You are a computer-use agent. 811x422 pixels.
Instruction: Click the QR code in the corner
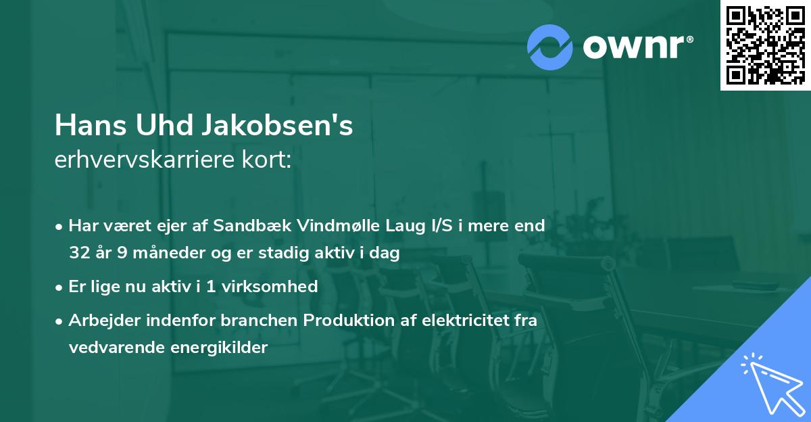click(765, 45)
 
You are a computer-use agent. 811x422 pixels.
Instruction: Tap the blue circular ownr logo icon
click(550, 47)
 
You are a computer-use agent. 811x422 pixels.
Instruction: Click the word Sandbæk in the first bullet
click(245, 226)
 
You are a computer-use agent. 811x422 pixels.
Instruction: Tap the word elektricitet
click(461, 320)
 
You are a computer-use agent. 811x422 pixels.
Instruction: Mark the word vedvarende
click(114, 348)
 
